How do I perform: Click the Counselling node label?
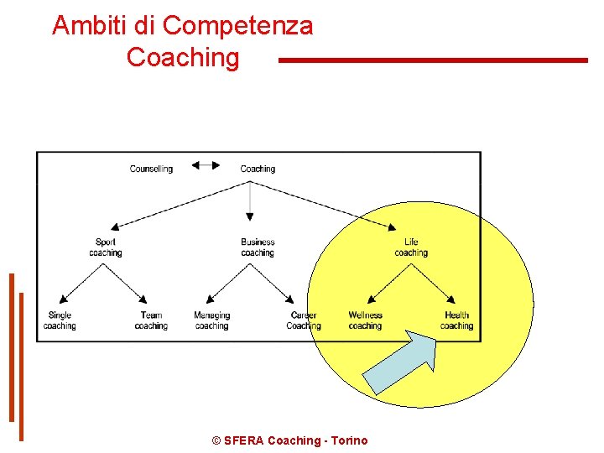(x=151, y=169)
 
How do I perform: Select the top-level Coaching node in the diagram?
(x=258, y=169)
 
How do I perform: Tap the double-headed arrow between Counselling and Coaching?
(x=206, y=165)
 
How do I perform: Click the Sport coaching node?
(x=106, y=247)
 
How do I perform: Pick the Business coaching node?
(x=258, y=247)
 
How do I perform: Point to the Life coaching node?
(x=411, y=247)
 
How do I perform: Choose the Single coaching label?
(x=60, y=320)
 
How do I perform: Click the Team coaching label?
(x=151, y=320)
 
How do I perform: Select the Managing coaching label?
(x=211, y=320)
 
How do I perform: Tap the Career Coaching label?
(x=304, y=320)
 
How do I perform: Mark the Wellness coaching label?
(x=365, y=320)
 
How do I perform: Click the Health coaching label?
(x=456, y=320)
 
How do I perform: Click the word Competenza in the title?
(x=237, y=26)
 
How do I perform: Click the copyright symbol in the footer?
(x=216, y=440)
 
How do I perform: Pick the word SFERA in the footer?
(x=243, y=440)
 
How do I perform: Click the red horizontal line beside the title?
(x=432, y=60)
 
